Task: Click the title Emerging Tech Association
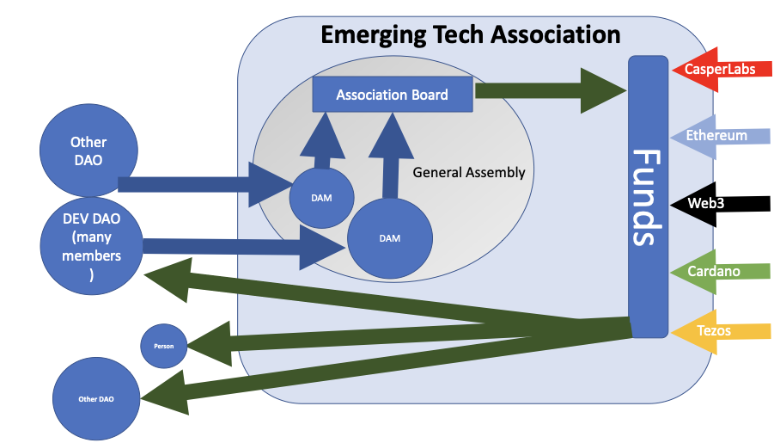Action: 470,34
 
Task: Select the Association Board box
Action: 392,95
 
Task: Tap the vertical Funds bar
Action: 648,196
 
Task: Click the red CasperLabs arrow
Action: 718,69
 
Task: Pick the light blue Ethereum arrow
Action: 721,136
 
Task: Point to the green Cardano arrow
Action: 720,271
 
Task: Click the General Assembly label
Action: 468,172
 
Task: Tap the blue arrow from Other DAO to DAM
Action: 206,183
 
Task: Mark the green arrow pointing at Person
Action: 387,338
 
